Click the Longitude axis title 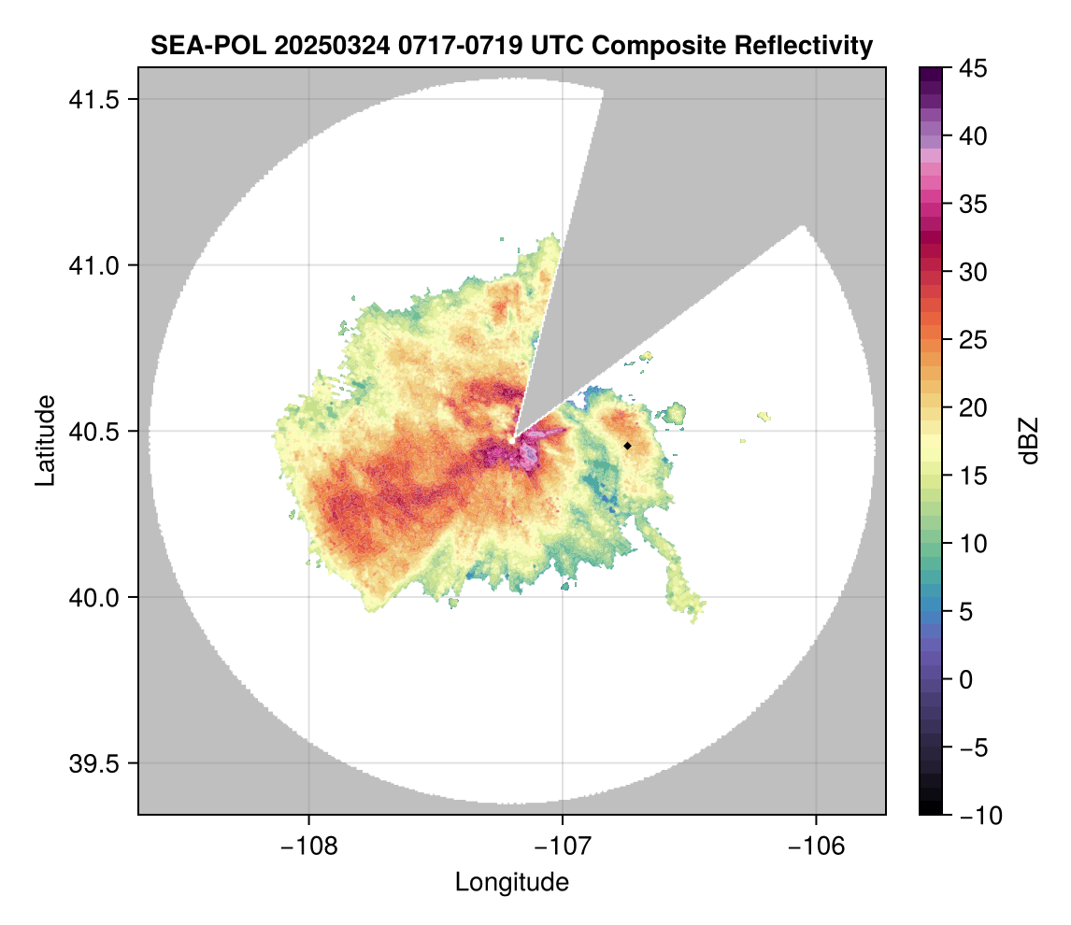pos(511,882)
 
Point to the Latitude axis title pos(45,440)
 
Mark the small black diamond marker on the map pos(627,446)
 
